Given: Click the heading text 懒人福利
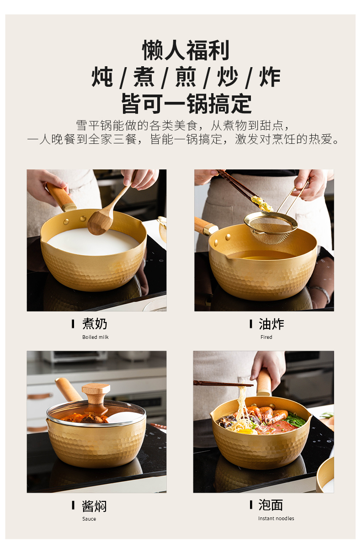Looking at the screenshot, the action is coord(186,50).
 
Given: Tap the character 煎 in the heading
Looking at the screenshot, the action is coord(186,77).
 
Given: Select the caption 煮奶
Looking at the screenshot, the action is coord(95,324).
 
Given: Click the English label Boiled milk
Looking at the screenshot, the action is coord(96,337).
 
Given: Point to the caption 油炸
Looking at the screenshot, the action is coord(271,324).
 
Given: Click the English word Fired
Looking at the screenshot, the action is coord(266,337).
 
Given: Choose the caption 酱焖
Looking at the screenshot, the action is coord(94,506).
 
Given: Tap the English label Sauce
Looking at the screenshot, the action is coord(89,519).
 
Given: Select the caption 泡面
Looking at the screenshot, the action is coord(271,505).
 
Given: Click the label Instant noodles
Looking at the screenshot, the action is coord(276,518).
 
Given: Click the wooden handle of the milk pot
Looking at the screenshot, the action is coord(60,197).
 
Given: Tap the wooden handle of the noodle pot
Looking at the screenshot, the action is coord(264,382).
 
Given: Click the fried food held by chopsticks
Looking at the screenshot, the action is coord(262,203).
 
